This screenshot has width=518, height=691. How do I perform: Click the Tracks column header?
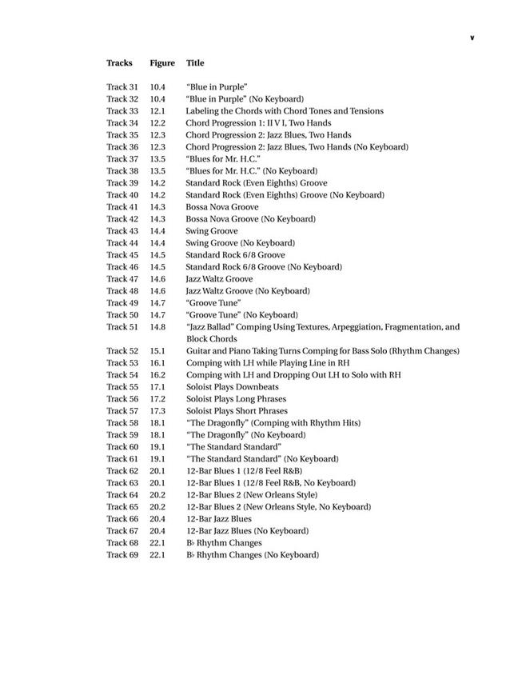pos(119,63)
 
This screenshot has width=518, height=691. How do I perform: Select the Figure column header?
pos(162,63)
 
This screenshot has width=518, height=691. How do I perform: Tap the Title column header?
pos(195,63)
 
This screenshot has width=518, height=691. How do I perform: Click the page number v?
pos(472,38)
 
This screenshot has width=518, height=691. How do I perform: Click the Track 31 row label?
pos(122,87)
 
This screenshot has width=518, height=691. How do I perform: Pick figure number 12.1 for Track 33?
pos(157,111)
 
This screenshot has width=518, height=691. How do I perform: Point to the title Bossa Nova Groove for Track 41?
pos(221,207)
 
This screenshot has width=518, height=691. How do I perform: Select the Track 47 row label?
pos(122,279)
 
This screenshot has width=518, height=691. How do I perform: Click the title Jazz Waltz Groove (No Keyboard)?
pos(248,291)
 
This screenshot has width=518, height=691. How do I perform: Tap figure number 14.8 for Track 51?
pos(157,327)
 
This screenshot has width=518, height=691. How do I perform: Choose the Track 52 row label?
pos(122,351)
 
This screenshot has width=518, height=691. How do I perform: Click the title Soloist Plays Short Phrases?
pos(236,411)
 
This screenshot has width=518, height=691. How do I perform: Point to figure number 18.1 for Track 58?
pos(157,423)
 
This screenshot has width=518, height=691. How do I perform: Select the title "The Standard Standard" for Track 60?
pos(233,447)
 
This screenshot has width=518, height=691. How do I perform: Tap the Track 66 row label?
pos(122,519)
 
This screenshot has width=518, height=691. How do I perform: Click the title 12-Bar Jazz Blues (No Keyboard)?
pos(247,531)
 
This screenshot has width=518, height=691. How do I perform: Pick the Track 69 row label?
pos(122,555)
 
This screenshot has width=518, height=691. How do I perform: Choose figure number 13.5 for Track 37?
pos(157,159)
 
